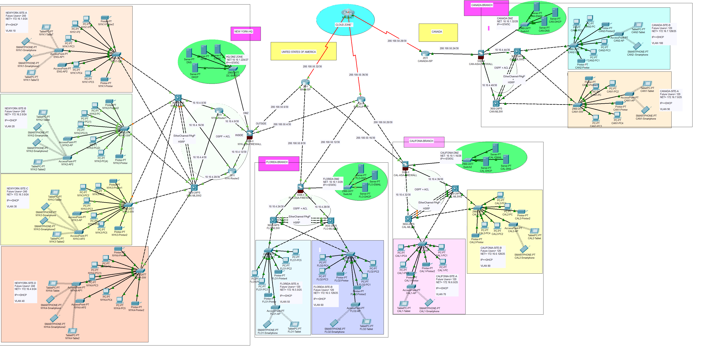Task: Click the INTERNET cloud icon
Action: (x=348, y=12)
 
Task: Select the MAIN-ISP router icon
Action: (x=305, y=82)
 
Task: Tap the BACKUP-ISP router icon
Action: (x=361, y=99)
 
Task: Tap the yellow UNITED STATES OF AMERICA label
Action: (x=303, y=51)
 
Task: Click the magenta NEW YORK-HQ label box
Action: (x=245, y=34)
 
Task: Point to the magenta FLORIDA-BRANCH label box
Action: (x=279, y=164)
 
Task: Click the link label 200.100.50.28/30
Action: (x=397, y=41)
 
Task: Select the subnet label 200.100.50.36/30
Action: (x=358, y=75)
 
